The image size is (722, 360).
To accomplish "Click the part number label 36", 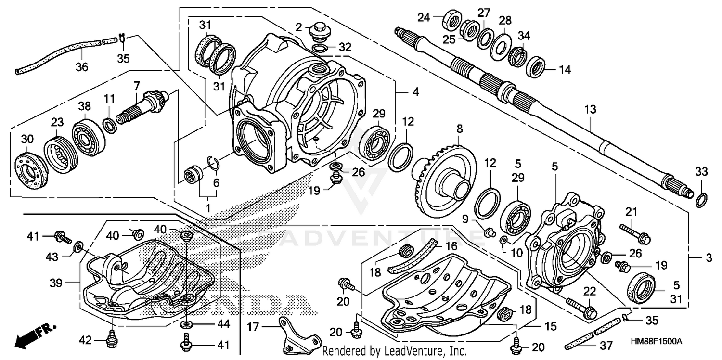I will tap(82, 66).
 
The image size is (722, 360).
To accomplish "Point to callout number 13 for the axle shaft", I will tap(590, 110).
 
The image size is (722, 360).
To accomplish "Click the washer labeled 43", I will tap(78, 248).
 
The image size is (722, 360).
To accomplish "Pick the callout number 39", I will tap(56, 283).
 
